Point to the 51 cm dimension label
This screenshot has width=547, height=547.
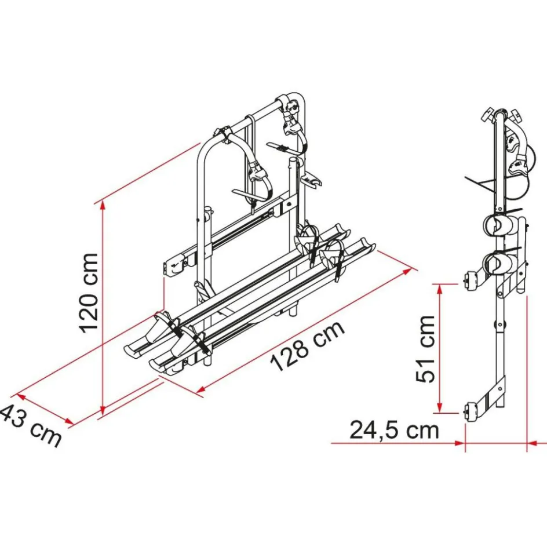426,349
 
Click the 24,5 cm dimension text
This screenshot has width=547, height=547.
394,431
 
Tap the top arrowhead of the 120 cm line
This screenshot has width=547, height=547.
102,206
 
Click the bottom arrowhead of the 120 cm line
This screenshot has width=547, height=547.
102,409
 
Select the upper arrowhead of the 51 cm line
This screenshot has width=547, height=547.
440,289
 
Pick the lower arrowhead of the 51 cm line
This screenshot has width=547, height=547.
440,407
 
